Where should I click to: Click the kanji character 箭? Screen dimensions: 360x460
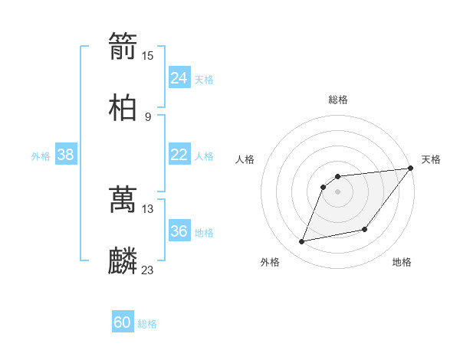click(x=123, y=46)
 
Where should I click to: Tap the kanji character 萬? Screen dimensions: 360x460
click(x=123, y=199)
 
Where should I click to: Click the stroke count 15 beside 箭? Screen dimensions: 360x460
click(x=148, y=55)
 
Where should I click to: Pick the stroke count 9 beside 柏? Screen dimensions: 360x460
click(x=148, y=116)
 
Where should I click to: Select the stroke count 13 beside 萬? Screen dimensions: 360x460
click(x=148, y=208)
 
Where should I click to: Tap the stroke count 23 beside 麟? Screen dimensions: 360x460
click(x=148, y=270)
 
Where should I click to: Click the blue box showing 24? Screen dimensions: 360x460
click(x=179, y=78)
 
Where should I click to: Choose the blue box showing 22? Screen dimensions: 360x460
click(x=179, y=155)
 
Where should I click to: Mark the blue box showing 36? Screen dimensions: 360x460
click(x=179, y=231)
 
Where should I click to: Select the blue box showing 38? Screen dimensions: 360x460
click(x=66, y=155)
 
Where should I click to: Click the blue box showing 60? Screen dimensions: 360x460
click(x=123, y=322)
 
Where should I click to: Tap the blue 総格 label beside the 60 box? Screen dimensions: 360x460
click(x=147, y=324)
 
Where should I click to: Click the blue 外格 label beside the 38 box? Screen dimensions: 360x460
click(x=41, y=156)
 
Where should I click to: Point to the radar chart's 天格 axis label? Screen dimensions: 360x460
click(x=431, y=159)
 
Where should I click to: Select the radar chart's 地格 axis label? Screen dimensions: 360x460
click(x=402, y=262)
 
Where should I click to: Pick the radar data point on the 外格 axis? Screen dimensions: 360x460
click(x=302, y=242)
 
